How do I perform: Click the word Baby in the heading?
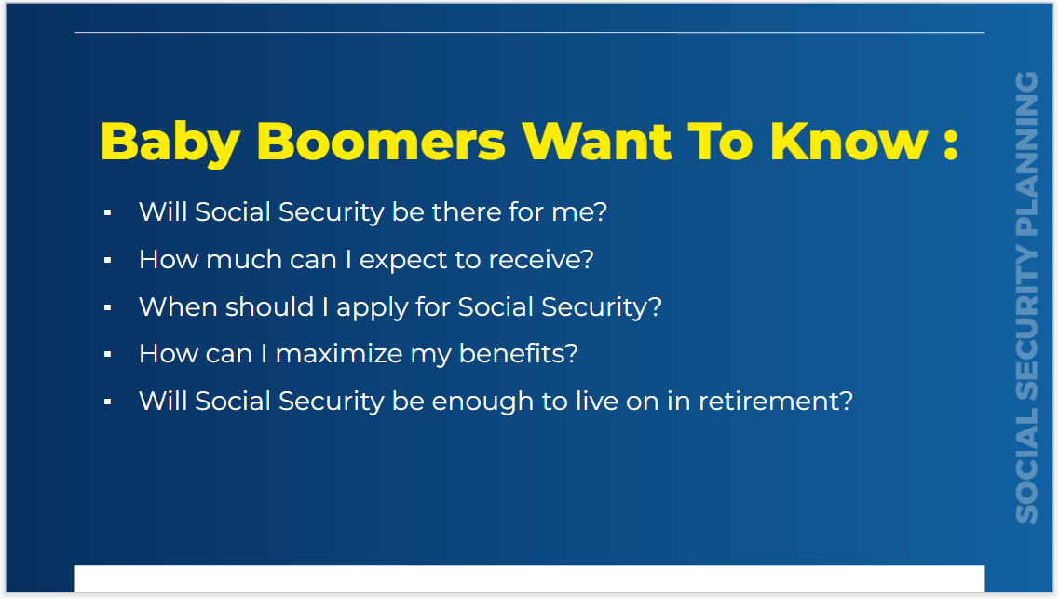[x=170, y=142]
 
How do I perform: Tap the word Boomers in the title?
[x=380, y=142]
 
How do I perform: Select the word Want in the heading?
[x=596, y=142]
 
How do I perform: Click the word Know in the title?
[x=849, y=142]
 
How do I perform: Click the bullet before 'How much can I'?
[x=108, y=261]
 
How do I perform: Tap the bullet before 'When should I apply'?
[x=108, y=307]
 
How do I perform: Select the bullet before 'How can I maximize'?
[x=108, y=355]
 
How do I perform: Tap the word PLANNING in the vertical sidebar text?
[x=1026, y=153]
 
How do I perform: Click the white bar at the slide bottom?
[x=529, y=579]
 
